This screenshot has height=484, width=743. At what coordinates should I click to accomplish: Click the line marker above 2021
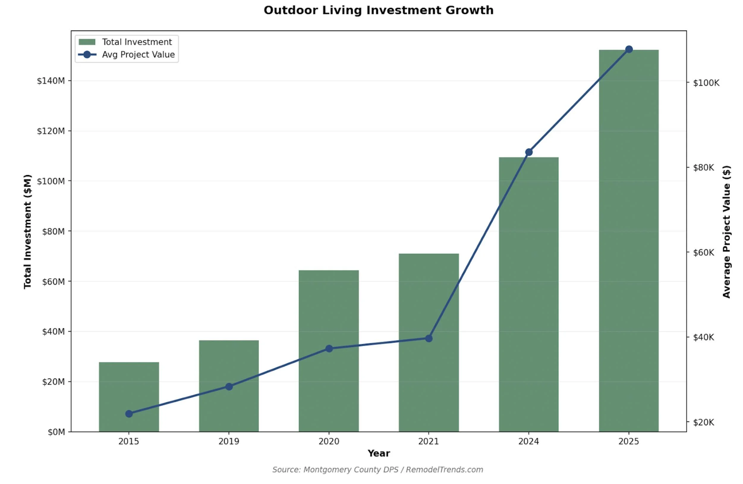[x=429, y=339]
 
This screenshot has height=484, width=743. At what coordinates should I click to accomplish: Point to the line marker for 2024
[x=529, y=153]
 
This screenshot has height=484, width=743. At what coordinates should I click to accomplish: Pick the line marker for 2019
[x=229, y=386]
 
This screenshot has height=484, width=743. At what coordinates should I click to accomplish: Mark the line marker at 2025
[x=629, y=49]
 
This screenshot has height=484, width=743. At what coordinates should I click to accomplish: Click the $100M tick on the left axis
[x=51, y=181]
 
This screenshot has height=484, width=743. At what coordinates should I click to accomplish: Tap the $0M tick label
[x=56, y=432]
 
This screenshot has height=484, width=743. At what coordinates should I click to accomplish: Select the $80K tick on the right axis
[x=704, y=168]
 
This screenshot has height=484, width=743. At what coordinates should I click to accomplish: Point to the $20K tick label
[x=704, y=422]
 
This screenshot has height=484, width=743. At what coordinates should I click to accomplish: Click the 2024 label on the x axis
[x=528, y=441]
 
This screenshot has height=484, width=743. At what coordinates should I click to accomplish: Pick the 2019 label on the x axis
[x=229, y=441]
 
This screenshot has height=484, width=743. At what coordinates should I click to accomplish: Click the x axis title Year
[x=379, y=453]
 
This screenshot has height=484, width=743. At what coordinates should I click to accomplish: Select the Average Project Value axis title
[x=727, y=232]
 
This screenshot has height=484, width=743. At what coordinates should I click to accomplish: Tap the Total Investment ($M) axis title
[x=27, y=232]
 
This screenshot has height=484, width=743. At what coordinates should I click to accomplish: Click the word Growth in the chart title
[x=470, y=10]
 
